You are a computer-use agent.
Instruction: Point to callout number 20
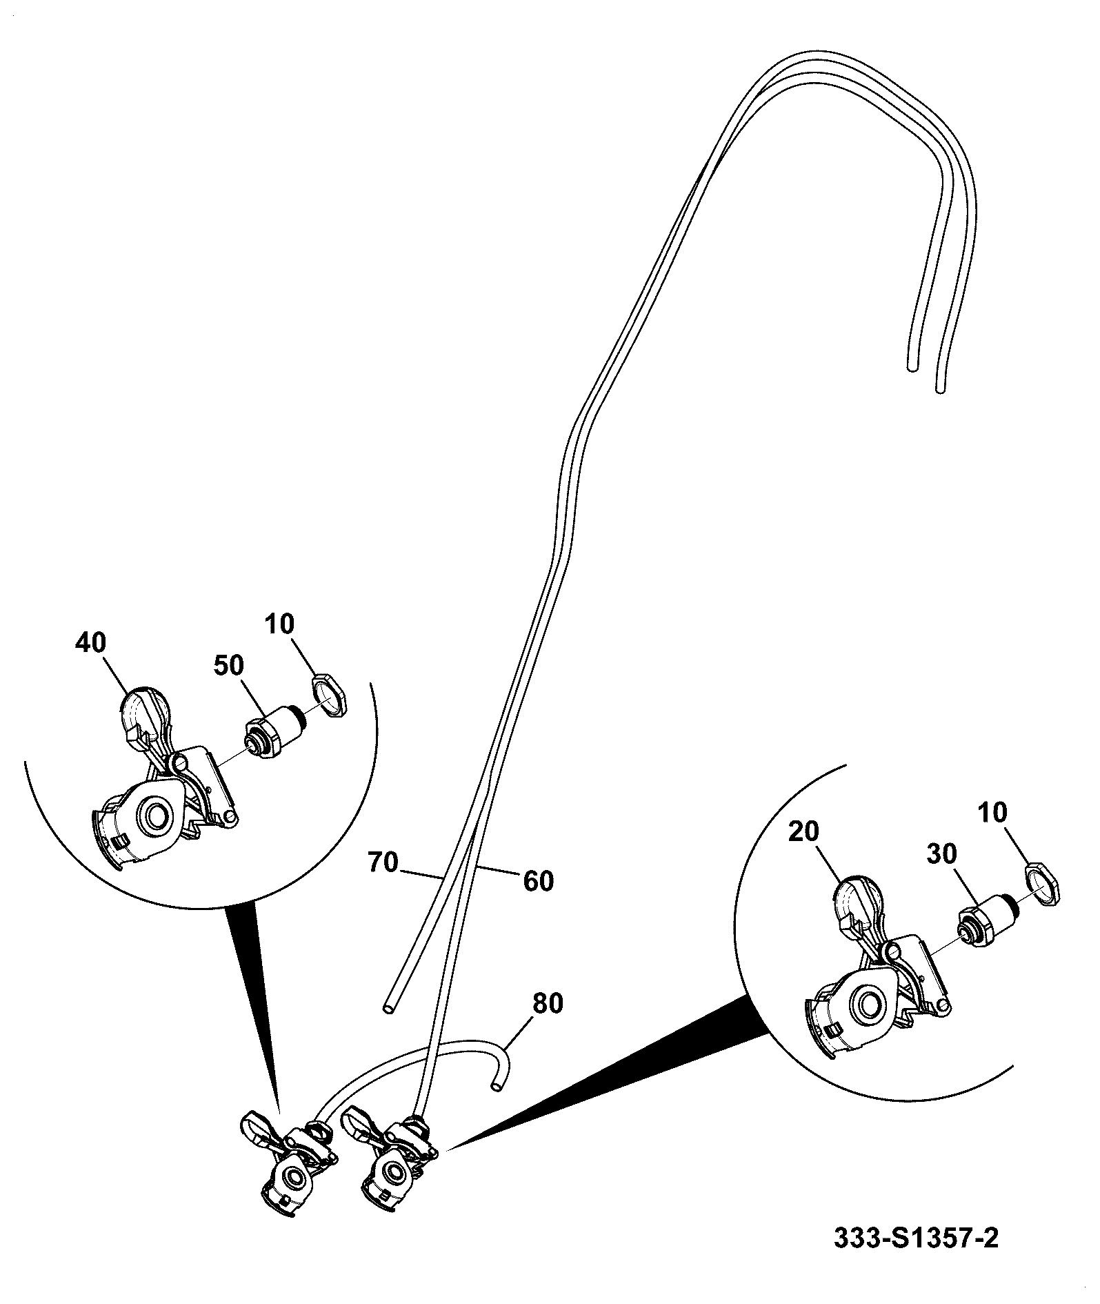[x=803, y=832]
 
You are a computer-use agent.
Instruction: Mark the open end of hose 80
[x=495, y=1087]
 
